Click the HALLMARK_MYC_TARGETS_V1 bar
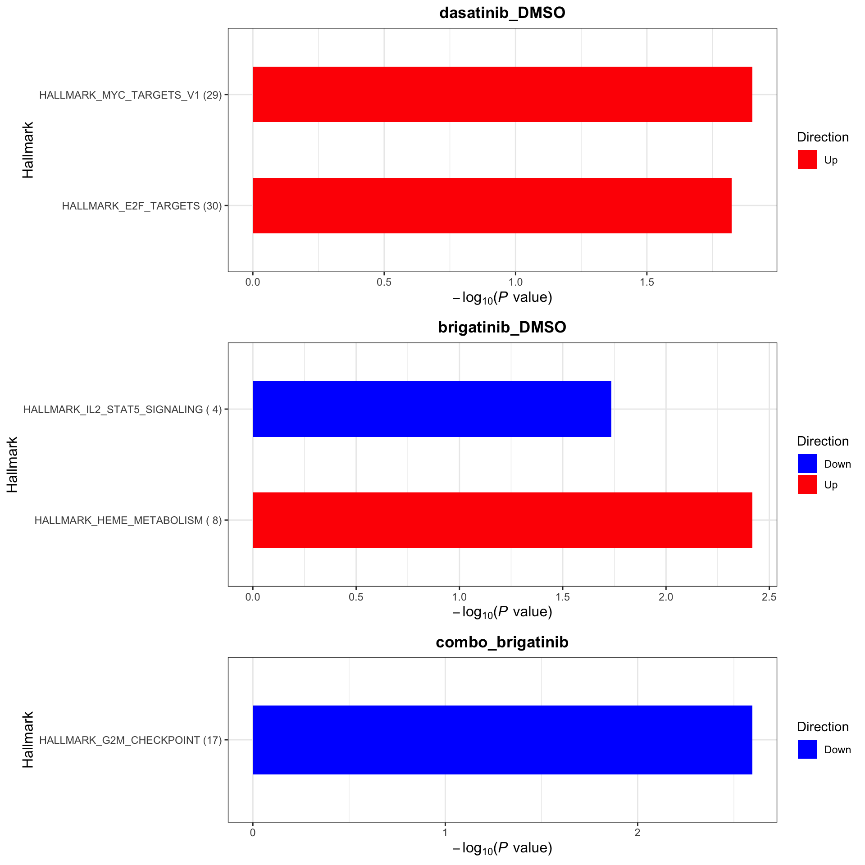pyautogui.click(x=502, y=95)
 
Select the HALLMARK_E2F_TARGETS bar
pyautogui.click(x=492, y=206)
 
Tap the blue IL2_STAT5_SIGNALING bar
pyautogui.click(x=432, y=409)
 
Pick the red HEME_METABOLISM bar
pyautogui.click(x=502, y=520)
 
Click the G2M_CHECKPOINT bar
pyautogui.click(x=502, y=740)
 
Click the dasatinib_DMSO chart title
pyautogui.click(x=502, y=13)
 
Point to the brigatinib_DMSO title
pyautogui.click(x=502, y=327)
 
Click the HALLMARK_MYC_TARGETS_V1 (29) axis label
pyautogui.click(x=131, y=95)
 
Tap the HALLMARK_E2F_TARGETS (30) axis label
pyautogui.click(x=142, y=206)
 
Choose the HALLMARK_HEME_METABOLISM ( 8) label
pyautogui.click(x=128, y=520)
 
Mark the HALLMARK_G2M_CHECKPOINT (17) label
pyautogui.click(x=131, y=740)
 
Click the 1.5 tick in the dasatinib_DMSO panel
pyautogui.click(x=646, y=282)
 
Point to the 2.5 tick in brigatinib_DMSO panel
pyautogui.click(x=769, y=597)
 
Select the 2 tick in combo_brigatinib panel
pyautogui.click(x=637, y=833)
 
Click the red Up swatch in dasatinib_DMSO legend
pyautogui.click(x=807, y=159)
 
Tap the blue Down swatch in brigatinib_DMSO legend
pyautogui.click(x=807, y=464)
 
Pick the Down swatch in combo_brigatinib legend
pyautogui.click(x=807, y=749)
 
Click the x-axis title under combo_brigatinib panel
pyautogui.click(x=502, y=848)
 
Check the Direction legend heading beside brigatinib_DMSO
pyautogui.click(x=823, y=441)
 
